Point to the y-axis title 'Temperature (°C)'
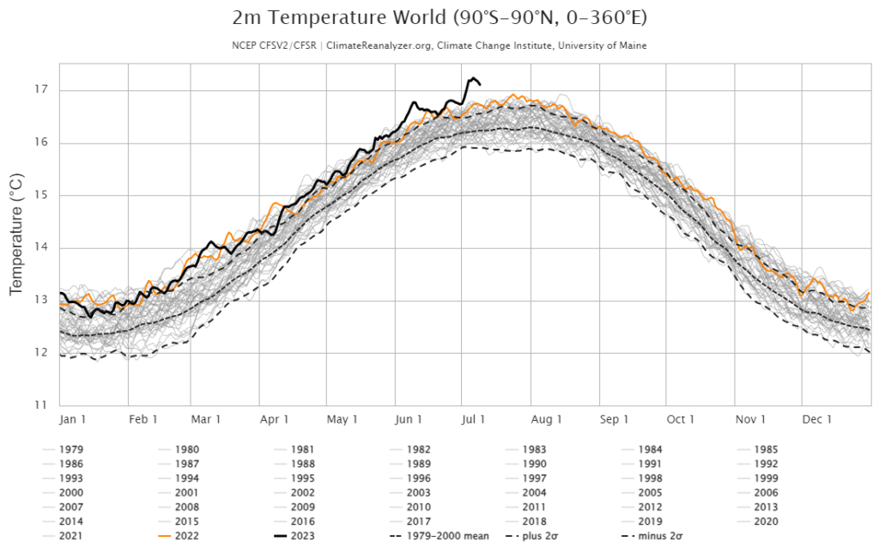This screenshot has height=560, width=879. (15, 233)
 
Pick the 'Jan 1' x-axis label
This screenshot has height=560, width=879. (72, 420)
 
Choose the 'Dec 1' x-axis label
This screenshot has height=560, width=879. (816, 420)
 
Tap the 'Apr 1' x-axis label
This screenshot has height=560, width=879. (274, 420)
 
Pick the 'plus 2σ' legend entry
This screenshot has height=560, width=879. (545, 537)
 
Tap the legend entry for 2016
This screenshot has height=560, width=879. (301, 521)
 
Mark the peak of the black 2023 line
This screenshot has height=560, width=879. (472, 78)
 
